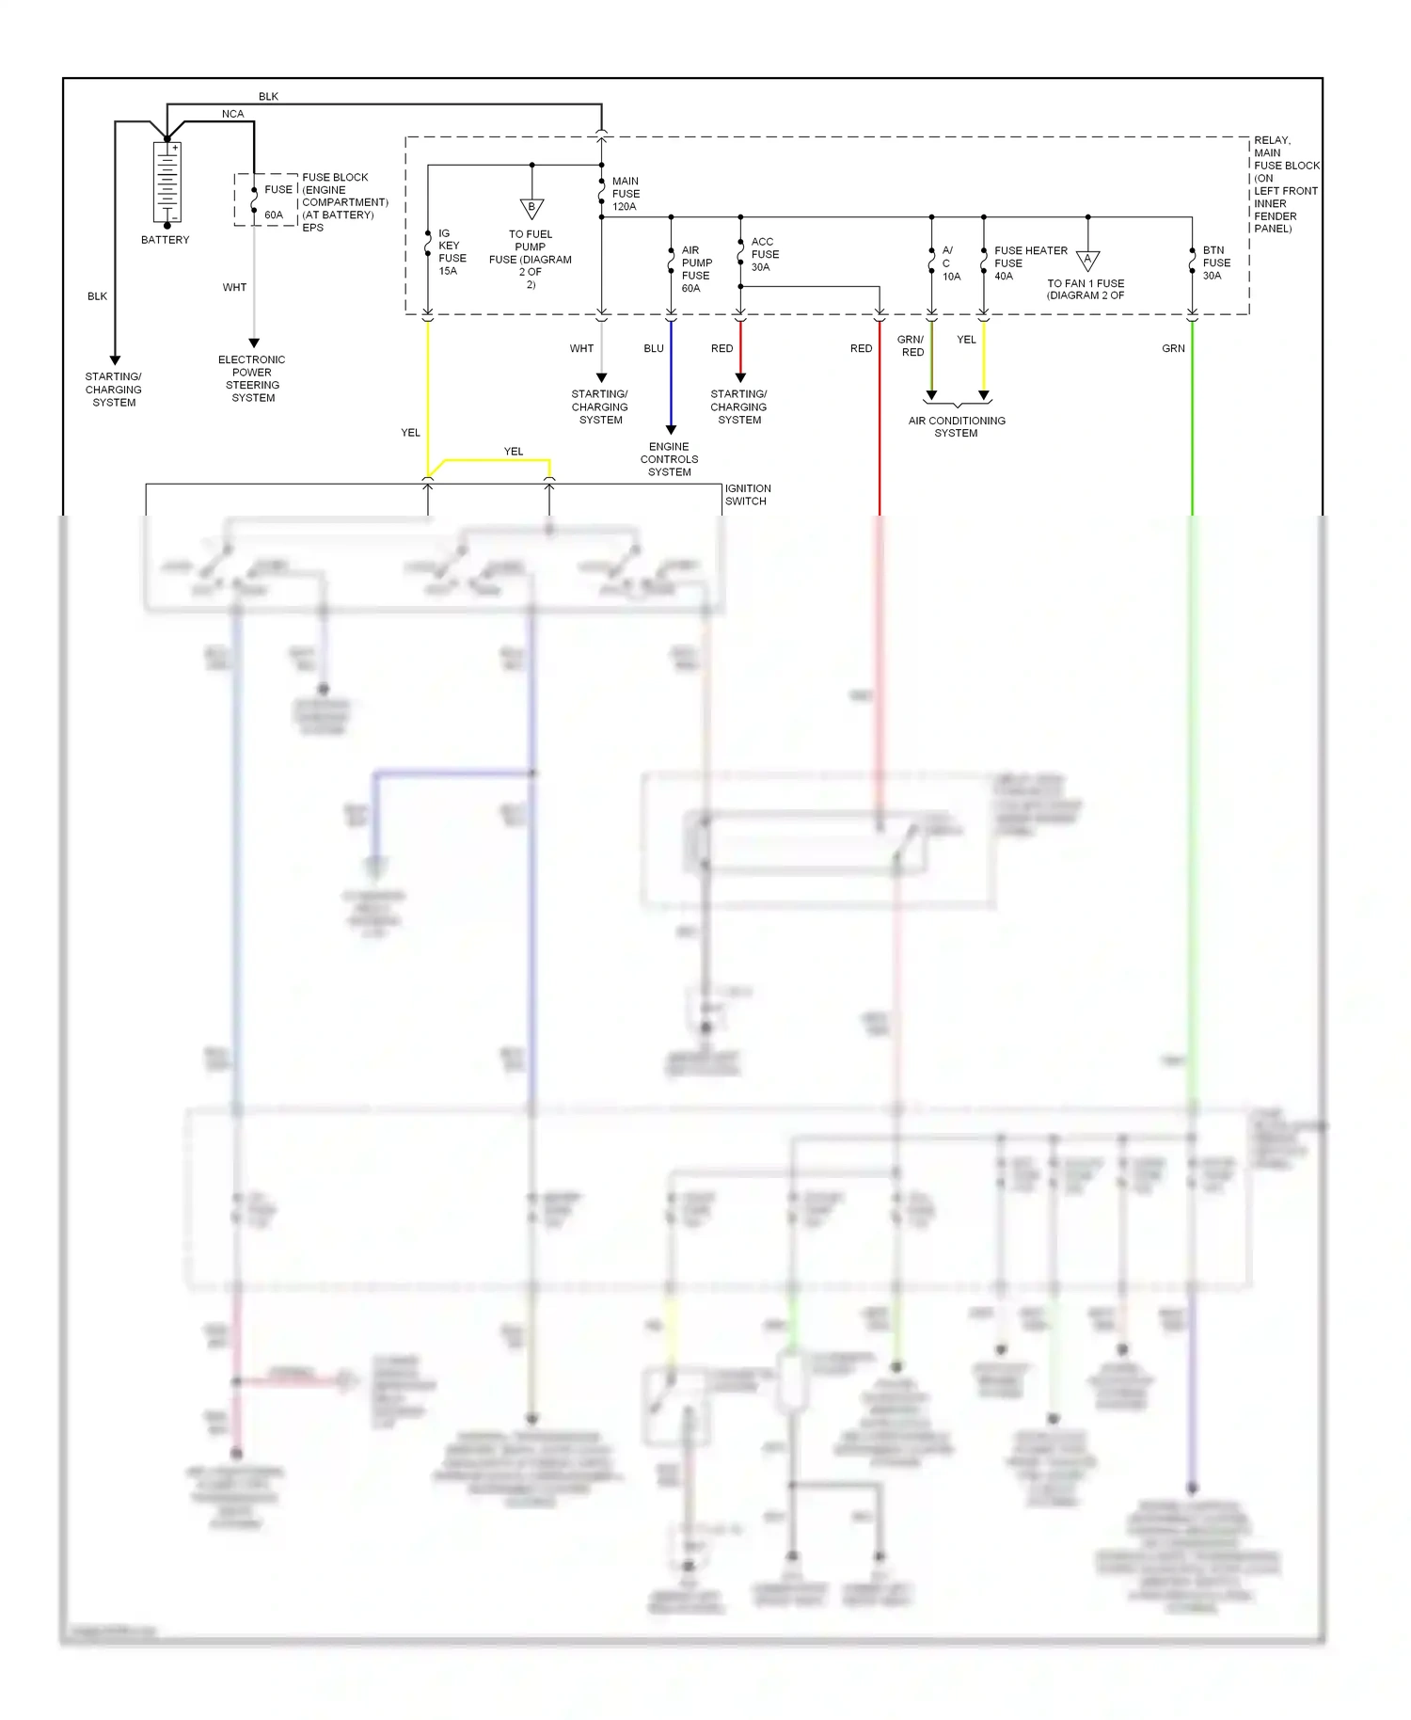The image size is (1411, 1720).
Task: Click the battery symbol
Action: click(x=167, y=183)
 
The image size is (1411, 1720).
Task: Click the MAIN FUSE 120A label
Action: click(x=625, y=194)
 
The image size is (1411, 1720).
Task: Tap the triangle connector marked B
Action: click(x=531, y=208)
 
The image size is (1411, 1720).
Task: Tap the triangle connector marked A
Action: click(x=1087, y=261)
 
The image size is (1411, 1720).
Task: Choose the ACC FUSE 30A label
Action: click(x=764, y=255)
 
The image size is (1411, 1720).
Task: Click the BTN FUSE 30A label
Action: click(x=1215, y=263)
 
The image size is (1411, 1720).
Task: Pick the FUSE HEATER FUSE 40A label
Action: click(x=1029, y=263)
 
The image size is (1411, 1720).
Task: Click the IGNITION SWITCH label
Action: click(x=747, y=495)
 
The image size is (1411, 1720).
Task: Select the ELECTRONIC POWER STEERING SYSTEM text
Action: click(x=252, y=379)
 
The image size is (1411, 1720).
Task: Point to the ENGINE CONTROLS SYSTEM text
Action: click(x=669, y=459)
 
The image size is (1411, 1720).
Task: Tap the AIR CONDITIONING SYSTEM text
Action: click(x=956, y=427)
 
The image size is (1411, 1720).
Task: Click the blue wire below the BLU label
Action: click(x=671, y=376)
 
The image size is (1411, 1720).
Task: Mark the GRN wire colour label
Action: click(x=1173, y=349)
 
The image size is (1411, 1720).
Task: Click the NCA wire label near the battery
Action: click(x=232, y=114)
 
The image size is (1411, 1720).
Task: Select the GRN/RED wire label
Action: click(x=912, y=346)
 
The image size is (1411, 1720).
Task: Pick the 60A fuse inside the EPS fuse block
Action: click(x=255, y=200)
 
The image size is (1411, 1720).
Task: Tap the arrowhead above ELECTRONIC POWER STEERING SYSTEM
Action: click(x=254, y=343)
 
